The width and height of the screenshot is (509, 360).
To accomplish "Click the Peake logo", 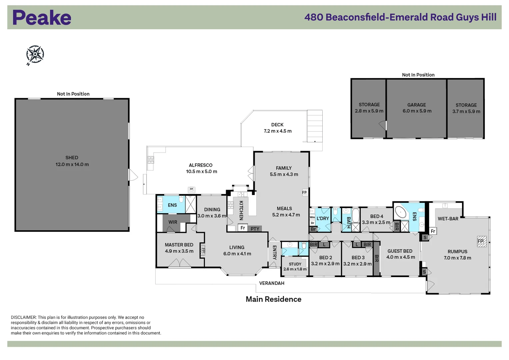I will (x=42, y=18).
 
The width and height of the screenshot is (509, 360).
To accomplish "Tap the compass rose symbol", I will (x=35, y=54).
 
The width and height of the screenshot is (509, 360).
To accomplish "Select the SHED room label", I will (x=72, y=158).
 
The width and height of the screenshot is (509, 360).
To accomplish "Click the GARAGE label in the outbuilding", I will (x=416, y=105).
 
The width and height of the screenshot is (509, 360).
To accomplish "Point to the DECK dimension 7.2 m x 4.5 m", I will (x=277, y=131).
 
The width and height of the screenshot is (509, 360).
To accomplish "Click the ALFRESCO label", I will (x=200, y=165).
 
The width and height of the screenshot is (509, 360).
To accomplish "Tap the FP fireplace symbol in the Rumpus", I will (x=481, y=241).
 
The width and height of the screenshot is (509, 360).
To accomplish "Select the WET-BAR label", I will (x=448, y=219).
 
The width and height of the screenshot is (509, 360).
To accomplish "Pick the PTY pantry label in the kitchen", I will (x=255, y=229).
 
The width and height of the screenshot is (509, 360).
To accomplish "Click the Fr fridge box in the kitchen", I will (x=243, y=228).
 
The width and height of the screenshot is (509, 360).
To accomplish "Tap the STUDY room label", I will (x=295, y=264).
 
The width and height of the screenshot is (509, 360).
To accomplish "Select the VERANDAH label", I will (x=272, y=283).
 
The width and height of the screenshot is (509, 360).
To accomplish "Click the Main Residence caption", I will (x=273, y=299).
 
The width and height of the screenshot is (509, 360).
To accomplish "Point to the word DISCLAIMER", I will (x=23, y=317).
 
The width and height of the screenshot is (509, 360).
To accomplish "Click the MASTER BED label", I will (x=179, y=245).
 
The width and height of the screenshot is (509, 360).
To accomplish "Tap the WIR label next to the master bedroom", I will (x=173, y=222).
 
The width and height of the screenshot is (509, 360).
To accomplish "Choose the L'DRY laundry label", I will (x=323, y=218).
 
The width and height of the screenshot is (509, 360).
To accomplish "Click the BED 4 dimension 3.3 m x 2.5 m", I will (x=376, y=222).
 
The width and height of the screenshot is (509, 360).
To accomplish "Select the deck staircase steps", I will (x=315, y=126).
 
